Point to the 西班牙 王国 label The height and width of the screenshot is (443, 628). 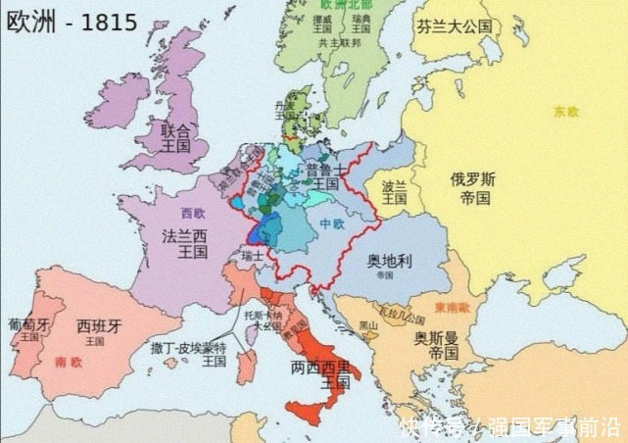pos(95,330)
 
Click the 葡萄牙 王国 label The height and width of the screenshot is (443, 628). pos(27,328)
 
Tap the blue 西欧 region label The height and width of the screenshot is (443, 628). pos(194,212)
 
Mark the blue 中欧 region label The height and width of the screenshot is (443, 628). pos(333,224)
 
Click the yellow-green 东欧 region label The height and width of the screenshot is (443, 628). pos(565,112)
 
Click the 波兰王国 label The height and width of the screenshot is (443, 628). pos(394,191)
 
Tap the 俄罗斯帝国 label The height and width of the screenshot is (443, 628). pos(471,188)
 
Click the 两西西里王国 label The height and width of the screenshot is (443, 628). pos(325,375)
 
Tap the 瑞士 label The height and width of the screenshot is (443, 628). pos(253,256)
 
